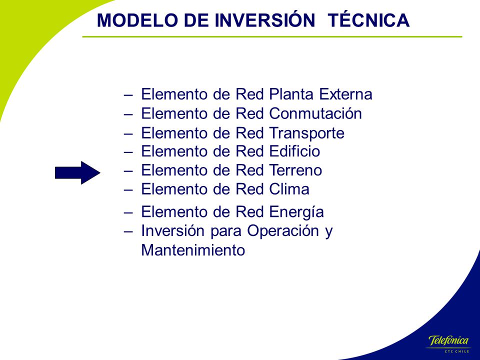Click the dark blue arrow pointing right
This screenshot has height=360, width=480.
pyautogui.click(x=78, y=172)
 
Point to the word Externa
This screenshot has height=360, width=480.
pyautogui.click(x=345, y=94)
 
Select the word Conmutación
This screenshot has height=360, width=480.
pyautogui.click(x=315, y=113)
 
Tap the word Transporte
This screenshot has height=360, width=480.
pyautogui.click(x=306, y=133)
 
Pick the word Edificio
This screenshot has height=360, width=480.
pyautogui.click(x=294, y=151)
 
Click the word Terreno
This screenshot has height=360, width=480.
pyautogui.click(x=295, y=170)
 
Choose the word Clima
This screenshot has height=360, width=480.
pyautogui.click(x=289, y=189)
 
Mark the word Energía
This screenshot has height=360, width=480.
pyautogui.click(x=296, y=212)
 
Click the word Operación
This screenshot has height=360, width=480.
pyautogui.click(x=283, y=230)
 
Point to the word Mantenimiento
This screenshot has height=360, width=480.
pyautogui.click(x=193, y=250)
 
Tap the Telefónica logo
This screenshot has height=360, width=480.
pyautogui.click(x=448, y=340)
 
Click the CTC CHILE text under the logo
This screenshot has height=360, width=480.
pyautogui.click(x=456, y=351)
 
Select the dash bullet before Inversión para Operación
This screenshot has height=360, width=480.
pyautogui.click(x=128, y=231)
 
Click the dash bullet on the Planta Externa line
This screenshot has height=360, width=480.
pyautogui.click(x=128, y=95)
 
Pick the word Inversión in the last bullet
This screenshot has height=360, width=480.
pyautogui.click(x=172, y=230)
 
